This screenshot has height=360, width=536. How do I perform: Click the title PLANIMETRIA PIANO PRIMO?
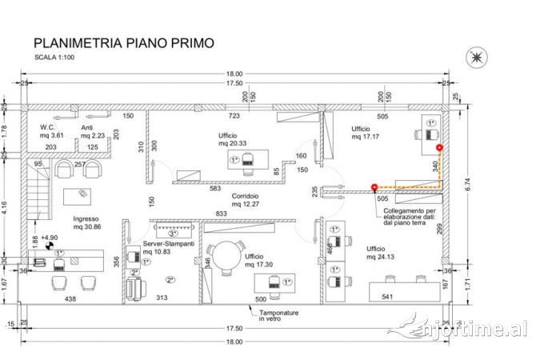[123, 42]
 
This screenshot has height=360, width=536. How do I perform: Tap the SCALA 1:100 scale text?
[58, 58]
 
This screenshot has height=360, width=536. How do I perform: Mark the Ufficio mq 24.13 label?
[381, 253]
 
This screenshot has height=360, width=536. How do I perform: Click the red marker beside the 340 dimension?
[438, 147]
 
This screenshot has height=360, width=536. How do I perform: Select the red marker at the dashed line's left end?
[374, 188]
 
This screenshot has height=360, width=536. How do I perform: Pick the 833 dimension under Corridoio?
[222, 214]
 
